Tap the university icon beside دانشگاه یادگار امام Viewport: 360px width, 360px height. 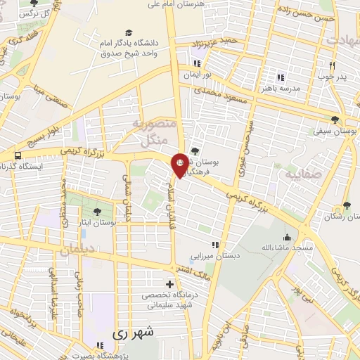[128, 32]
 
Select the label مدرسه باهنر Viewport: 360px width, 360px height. [281, 89]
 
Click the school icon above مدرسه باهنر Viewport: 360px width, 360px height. [281, 77]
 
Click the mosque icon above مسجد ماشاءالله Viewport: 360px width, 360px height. [287, 236]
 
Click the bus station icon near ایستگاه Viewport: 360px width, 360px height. [17, 155]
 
